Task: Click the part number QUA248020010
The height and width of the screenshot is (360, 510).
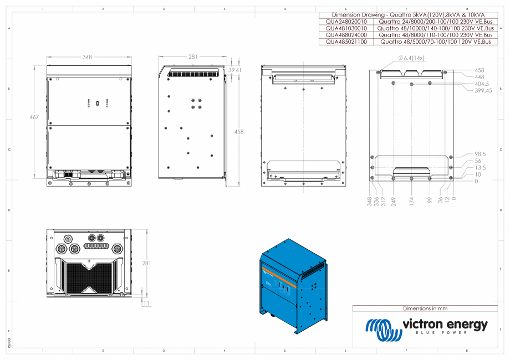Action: [x=346, y=22]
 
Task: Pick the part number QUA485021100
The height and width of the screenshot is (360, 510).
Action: [x=346, y=42]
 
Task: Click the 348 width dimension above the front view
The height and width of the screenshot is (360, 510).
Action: [x=87, y=57]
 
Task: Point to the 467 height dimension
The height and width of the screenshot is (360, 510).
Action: [x=34, y=117]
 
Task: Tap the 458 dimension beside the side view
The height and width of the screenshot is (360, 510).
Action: [x=238, y=132]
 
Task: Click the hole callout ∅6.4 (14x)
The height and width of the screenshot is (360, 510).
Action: [x=411, y=58]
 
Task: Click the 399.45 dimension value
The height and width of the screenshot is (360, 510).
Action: [x=483, y=91]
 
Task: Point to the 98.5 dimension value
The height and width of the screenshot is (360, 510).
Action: [x=481, y=154]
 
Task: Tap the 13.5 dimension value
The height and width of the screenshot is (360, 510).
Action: [x=480, y=167]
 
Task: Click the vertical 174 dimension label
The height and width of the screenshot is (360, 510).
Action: [x=412, y=200]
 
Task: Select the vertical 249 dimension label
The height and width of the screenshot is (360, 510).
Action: [x=394, y=200]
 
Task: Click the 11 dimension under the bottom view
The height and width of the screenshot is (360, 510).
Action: [x=146, y=304]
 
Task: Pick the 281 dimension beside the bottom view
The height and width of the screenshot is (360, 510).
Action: [x=146, y=263]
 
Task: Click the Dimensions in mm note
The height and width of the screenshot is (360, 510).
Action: [x=425, y=308]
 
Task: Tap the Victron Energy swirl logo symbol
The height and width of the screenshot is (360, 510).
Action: [x=383, y=330]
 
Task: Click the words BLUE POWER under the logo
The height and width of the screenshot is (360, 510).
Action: [x=445, y=333]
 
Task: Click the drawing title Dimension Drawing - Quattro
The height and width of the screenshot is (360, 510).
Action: [x=408, y=14]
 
